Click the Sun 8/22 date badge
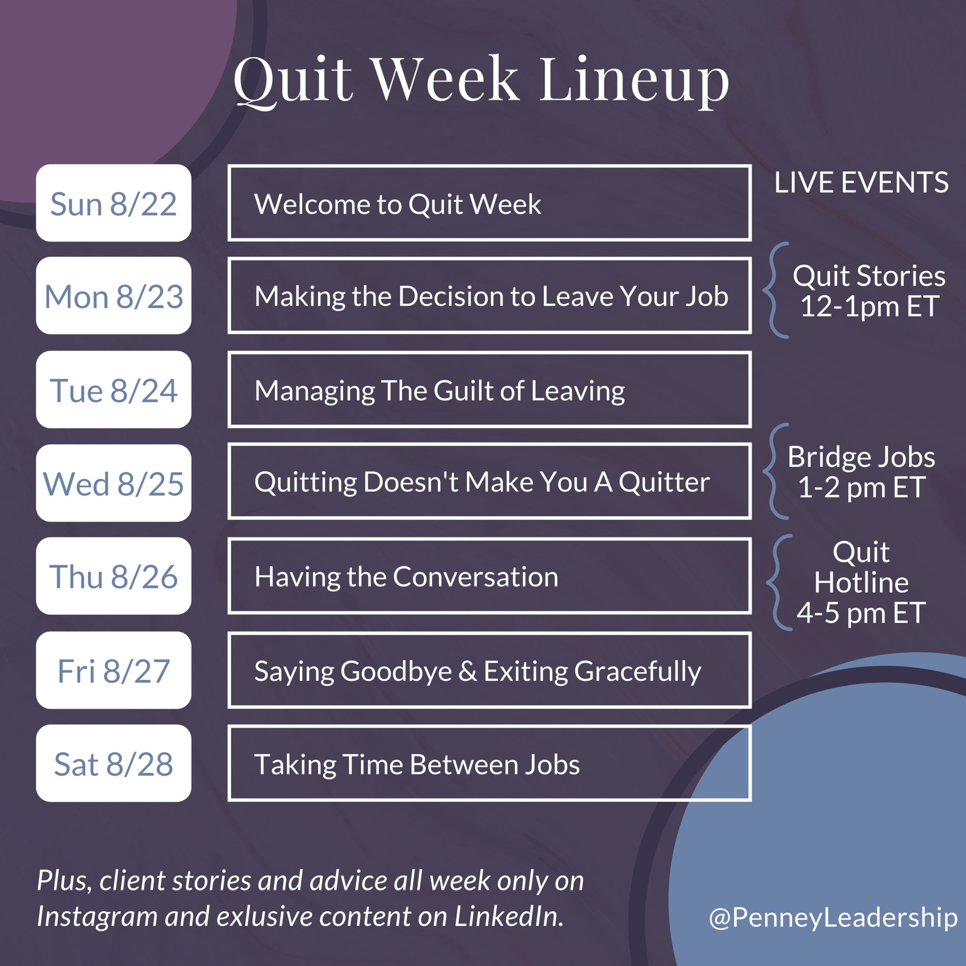[x=114, y=203]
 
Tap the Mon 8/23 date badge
[x=114, y=296]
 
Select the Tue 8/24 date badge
[x=114, y=390]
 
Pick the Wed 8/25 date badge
[x=114, y=483]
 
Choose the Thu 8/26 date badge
[x=114, y=576]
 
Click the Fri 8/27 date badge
[x=114, y=670]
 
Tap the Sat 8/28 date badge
[x=114, y=764]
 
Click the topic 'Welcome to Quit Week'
[x=398, y=204]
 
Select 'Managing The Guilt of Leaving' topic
[x=439, y=391]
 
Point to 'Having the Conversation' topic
[x=406, y=577]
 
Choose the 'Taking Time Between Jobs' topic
[x=417, y=765]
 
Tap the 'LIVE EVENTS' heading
[x=861, y=182]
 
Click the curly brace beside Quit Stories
[x=774, y=291]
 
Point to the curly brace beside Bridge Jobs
[x=774, y=471]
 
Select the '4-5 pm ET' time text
[x=861, y=613]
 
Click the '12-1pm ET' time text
[x=869, y=306]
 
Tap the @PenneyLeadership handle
[x=833, y=917]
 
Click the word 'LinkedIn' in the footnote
[x=509, y=916]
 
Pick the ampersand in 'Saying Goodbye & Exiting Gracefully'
[x=468, y=671]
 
